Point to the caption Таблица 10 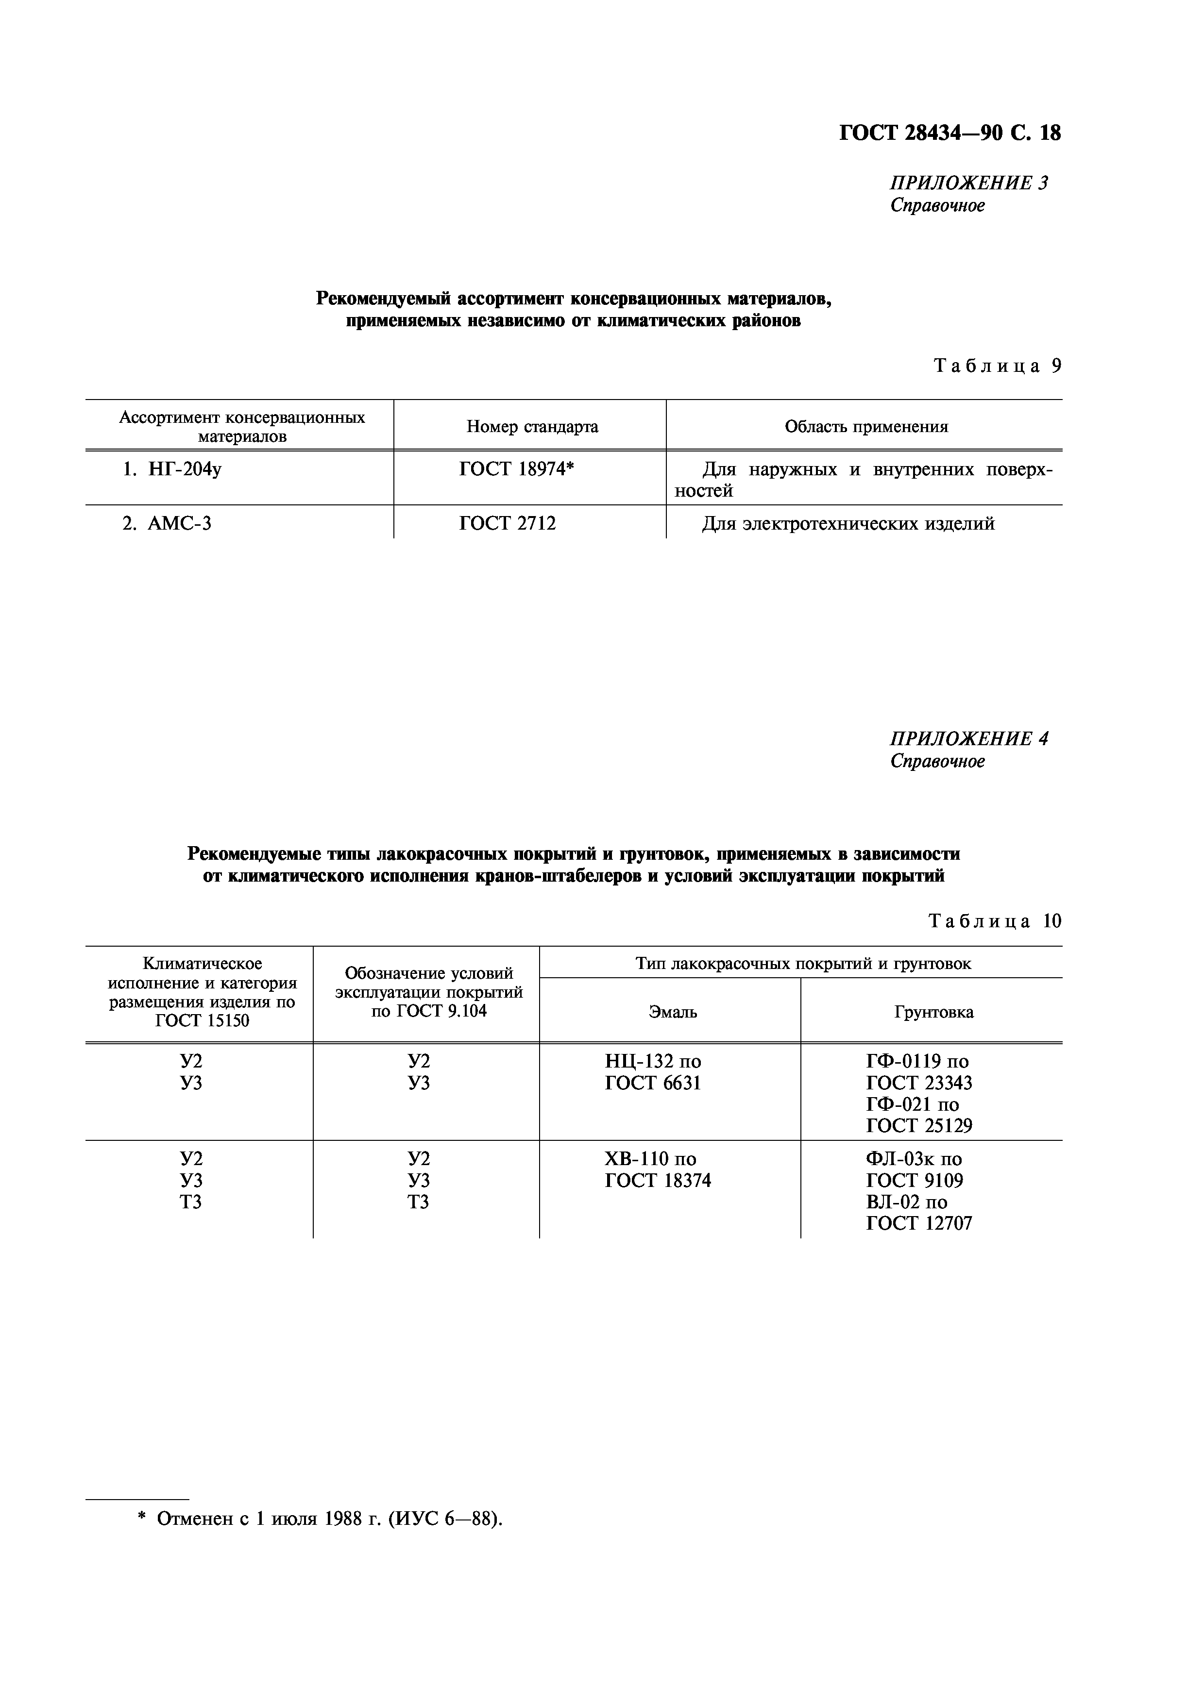point(994,921)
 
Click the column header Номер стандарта point(532,427)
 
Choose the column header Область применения point(865,427)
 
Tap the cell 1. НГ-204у point(172,469)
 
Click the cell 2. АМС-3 point(167,524)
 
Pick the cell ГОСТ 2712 point(508,524)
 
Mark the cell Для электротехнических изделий point(848,524)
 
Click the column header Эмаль point(673,1012)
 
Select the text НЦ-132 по point(653,1061)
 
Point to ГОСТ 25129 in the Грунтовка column point(919,1126)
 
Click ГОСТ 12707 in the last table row point(919,1223)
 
